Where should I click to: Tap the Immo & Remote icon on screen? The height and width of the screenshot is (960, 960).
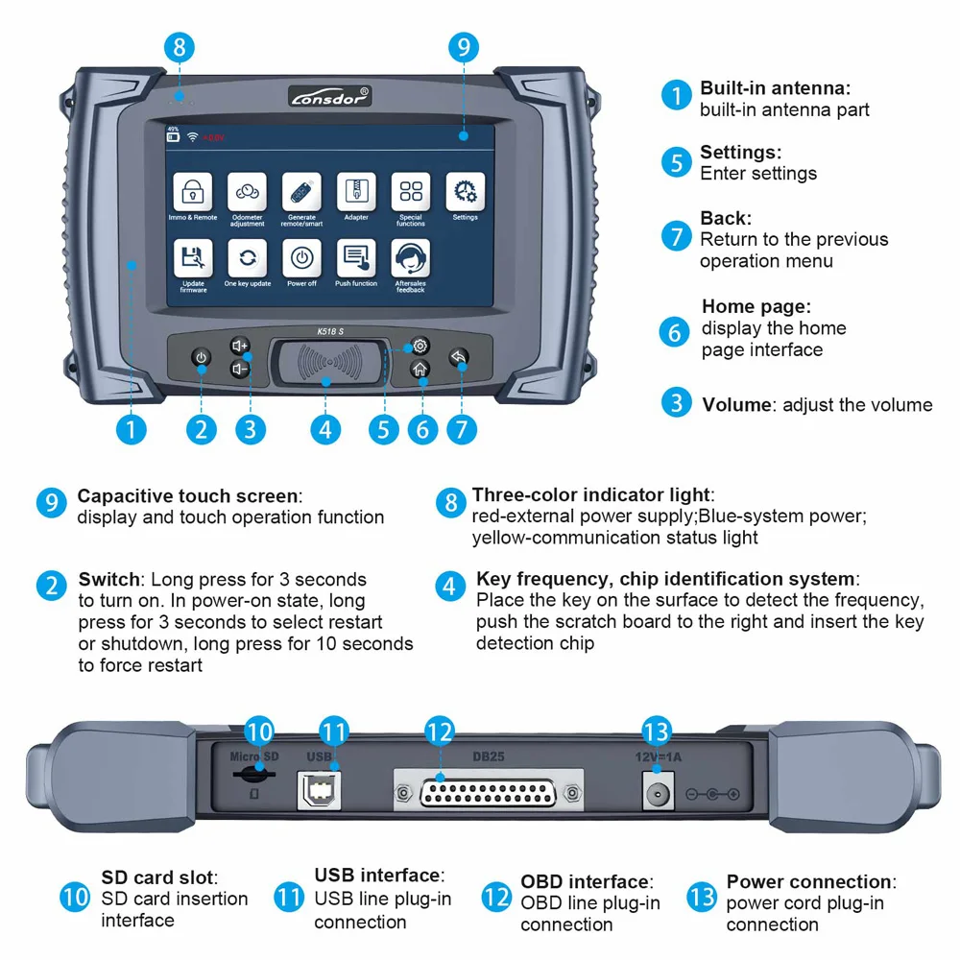pyautogui.click(x=192, y=192)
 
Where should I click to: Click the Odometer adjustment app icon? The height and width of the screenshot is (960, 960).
pyautogui.click(x=247, y=192)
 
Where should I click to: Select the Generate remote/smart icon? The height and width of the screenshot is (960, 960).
pyautogui.click(x=301, y=192)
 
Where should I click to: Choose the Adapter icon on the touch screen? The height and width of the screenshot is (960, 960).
pyautogui.click(x=356, y=192)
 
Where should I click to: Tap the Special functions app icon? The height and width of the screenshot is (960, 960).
pyautogui.click(x=411, y=192)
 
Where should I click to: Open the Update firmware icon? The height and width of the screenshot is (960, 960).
pyautogui.click(x=192, y=258)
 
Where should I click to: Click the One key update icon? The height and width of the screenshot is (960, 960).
pyautogui.click(x=247, y=258)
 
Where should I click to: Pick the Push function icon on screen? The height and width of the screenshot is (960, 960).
pyautogui.click(x=356, y=258)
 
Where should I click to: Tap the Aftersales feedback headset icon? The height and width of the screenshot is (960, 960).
pyautogui.click(x=411, y=258)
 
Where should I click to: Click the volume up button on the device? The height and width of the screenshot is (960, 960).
pyautogui.click(x=240, y=346)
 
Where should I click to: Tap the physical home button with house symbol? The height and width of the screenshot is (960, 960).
pyautogui.click(x=420, y=370)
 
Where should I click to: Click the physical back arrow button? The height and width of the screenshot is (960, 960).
pyautogui.click(x=459, y=358)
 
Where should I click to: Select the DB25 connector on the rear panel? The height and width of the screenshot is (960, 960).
pyautogui.click(x=488, y=793)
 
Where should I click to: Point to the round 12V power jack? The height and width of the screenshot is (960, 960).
pyautogui.click(x=657, y=793)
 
